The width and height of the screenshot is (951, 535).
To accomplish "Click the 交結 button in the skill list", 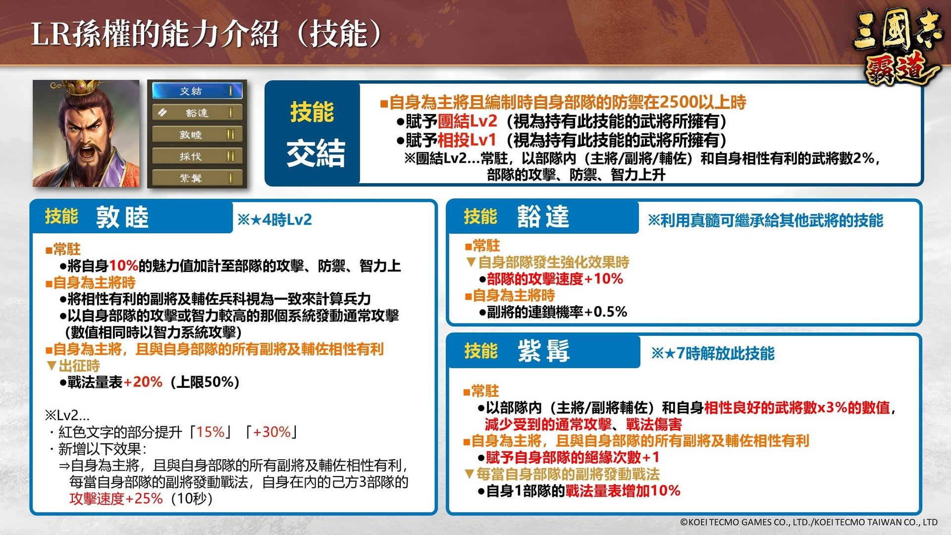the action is [197, 91].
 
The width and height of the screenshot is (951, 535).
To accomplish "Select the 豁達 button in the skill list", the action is [197, 113].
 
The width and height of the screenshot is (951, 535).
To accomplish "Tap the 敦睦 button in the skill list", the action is [197, 135].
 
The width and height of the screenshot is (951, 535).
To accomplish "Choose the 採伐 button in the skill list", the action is [197, 157].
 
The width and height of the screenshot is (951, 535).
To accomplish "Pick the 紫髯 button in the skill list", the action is [197, 178].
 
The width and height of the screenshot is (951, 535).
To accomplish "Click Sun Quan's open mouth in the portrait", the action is [87, 151].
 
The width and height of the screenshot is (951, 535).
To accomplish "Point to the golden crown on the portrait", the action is [79, 88].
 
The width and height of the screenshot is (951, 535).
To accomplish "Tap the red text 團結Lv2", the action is [467, 121].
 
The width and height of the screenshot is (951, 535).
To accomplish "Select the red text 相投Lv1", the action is [467, 141].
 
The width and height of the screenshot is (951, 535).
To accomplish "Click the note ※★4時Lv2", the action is [275, 220].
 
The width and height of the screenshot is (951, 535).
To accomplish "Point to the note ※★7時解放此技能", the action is [713, 353].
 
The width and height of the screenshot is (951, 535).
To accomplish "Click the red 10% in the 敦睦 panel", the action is [123, 266].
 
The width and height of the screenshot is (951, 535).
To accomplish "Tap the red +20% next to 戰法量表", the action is [143, 382].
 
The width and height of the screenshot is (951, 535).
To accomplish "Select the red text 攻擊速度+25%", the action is [116, 498].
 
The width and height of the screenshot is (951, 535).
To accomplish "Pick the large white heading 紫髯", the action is [543, 351].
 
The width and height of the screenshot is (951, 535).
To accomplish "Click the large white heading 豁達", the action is [543, 216].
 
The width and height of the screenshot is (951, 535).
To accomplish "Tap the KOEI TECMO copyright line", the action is [809, 522].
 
